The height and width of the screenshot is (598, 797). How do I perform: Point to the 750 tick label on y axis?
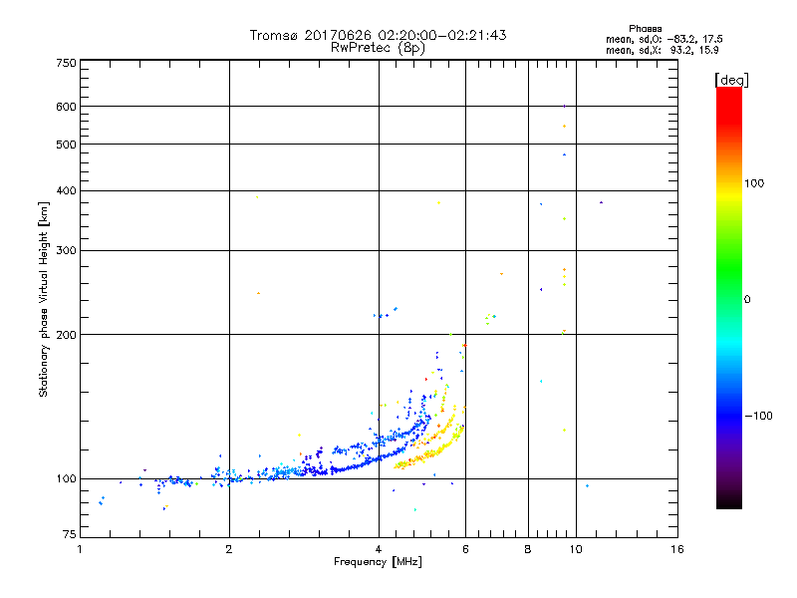coord(66,63)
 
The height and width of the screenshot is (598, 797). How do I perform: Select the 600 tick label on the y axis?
coord(66,107)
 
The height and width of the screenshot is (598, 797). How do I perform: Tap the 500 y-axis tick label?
coord(66,145)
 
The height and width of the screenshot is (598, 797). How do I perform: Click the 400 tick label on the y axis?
coord(66,191)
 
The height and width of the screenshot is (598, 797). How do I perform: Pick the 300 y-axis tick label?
coord(66,251)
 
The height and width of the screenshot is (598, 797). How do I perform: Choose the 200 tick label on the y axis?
coord(66,335)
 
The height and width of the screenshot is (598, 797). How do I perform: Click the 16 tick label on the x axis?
coord(676,549)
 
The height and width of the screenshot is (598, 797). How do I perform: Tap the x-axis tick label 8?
coord(528,549)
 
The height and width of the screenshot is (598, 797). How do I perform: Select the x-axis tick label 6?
coord(466,549)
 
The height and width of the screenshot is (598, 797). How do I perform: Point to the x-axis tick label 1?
coord(81,549)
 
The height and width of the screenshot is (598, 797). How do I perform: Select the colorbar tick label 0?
coord(747,299)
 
